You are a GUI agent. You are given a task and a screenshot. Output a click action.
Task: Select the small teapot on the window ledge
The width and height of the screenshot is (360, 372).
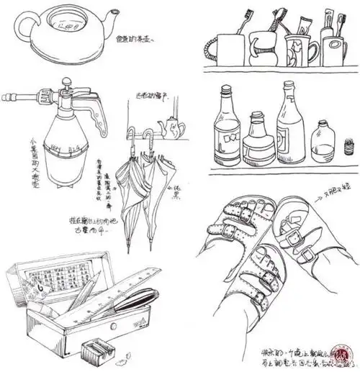pyautogui.click(x=174, y=128)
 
